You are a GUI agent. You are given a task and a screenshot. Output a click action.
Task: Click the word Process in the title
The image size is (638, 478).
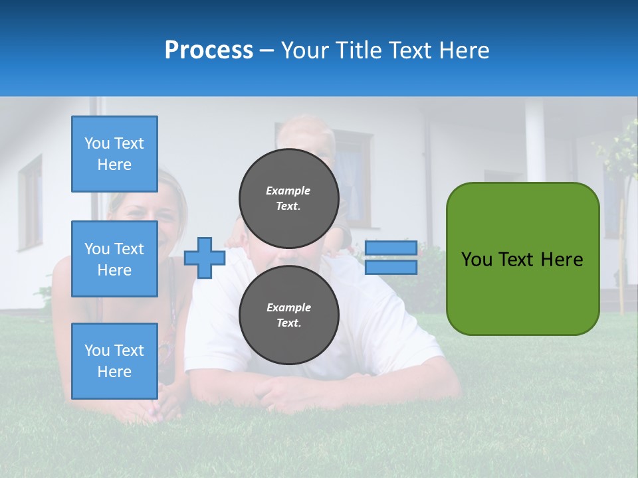point(209,50)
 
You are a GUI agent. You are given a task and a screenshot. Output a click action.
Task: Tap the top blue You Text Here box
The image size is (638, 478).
point(114,154)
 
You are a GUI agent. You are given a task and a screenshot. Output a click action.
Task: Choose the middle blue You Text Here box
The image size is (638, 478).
point(114,259)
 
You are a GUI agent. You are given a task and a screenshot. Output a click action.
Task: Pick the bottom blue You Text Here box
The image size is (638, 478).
point(114,361)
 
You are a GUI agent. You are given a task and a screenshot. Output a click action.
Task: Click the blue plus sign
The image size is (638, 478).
point(205,258)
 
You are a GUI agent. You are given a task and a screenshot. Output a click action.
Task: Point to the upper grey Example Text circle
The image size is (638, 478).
point(288,199)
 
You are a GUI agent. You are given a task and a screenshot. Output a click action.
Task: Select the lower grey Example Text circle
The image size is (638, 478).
point(288,315)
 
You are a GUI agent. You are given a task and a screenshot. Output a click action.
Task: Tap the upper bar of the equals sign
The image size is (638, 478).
point(391,248)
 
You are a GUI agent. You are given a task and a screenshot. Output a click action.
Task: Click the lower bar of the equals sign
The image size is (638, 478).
point(391,267)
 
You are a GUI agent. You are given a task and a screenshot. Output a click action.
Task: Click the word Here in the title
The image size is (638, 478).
point(464,50)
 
